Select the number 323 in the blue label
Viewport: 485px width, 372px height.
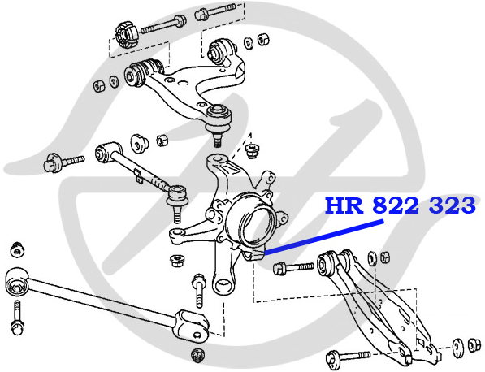[452, 205]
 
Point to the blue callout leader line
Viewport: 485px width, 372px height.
[324, 237]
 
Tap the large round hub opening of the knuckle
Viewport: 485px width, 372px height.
[255, 223]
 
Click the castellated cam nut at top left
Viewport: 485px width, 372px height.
[127, 34]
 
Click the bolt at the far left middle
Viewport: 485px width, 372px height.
[63, 162]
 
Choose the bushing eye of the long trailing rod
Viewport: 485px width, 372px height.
[17, 283]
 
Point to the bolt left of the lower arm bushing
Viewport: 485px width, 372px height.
[293, 267]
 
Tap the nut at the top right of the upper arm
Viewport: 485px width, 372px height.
[264, 38]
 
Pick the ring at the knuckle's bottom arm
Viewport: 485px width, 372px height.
[223, 284]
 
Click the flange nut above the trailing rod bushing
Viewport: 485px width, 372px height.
[17, 249]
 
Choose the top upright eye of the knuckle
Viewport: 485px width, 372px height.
[218, 161]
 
